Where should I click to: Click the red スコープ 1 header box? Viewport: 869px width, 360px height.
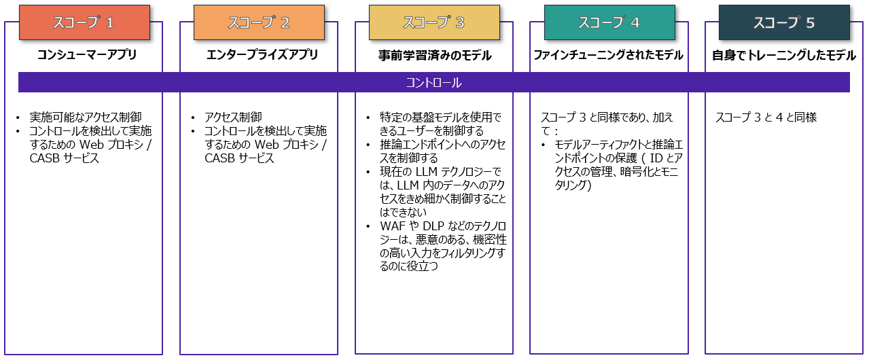84,22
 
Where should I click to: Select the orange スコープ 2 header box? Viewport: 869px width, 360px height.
260,22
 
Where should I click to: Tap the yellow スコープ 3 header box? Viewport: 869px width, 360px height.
434,22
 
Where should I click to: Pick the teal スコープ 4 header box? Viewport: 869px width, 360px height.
609,22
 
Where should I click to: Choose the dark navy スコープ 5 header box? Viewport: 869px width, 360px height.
784,22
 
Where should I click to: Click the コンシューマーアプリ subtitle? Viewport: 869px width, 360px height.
86,55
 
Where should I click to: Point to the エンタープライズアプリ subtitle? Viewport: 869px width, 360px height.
262,55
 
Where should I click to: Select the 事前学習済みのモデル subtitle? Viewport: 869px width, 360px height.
435,55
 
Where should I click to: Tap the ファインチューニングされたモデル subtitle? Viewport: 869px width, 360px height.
608,55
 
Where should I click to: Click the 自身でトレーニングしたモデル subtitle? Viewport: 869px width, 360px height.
784,55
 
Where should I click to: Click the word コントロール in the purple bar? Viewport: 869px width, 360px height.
433,82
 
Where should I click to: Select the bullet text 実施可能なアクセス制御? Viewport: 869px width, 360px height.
86,117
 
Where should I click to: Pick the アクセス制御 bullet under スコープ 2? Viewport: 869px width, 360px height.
233,117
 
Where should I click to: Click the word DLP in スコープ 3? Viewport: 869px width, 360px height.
434,226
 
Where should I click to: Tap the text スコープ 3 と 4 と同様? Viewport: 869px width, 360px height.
766,117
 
